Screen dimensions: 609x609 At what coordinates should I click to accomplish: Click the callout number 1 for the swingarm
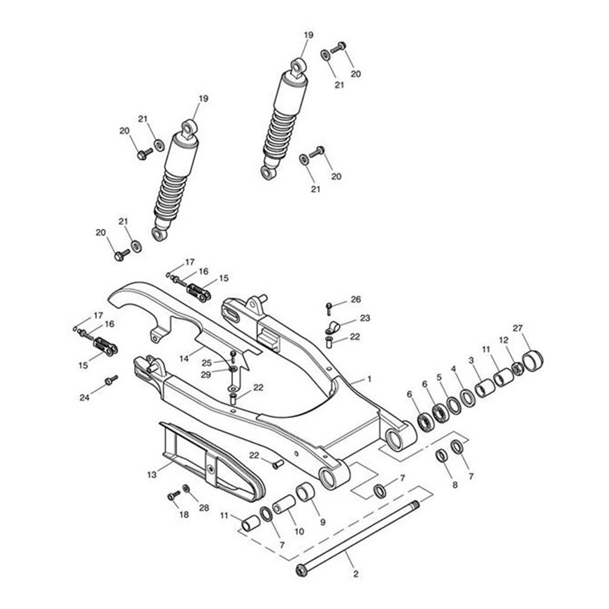pos(369,379)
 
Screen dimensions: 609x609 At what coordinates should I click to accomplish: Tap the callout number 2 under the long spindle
pos(355,574)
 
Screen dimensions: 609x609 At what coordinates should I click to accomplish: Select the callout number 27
pos(531,328)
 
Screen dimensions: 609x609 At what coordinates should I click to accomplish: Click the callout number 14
pos(184,358)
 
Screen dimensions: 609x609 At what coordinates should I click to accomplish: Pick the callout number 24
pos(85,398)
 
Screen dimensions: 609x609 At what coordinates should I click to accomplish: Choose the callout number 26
pos(356,300)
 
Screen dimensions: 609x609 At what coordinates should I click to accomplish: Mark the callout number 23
pos(365,318)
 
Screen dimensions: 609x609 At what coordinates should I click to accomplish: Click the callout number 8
pos(455,485)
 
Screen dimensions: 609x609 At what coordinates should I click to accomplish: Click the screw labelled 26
pos(329,308)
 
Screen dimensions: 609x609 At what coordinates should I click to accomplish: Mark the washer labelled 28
pos(186,488)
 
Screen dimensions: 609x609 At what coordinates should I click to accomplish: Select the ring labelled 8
pos(442,455)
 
